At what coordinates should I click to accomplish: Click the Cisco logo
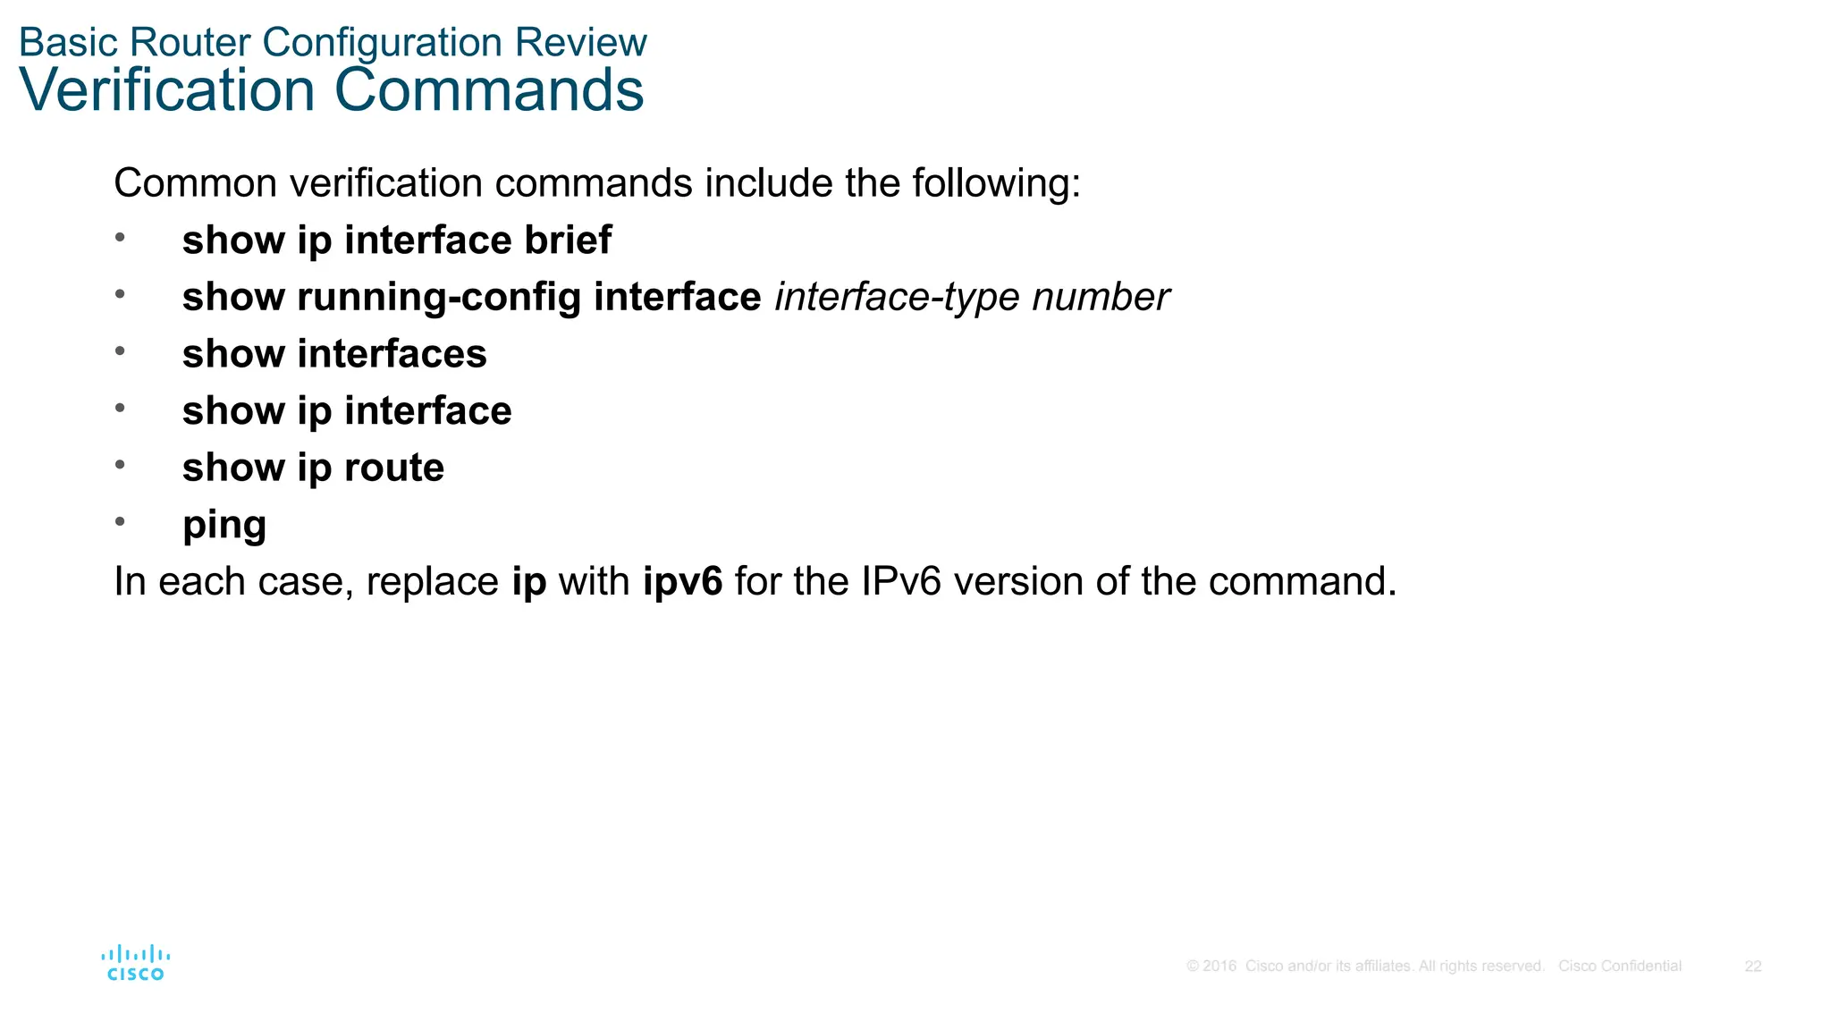[x=135, y=963]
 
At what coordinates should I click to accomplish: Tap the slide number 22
[x=1752, y=967]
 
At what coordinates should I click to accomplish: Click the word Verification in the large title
[x=167, y=90]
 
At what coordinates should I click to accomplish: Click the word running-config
[x=439, y=298]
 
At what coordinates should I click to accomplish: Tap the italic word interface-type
[x=897, y=298]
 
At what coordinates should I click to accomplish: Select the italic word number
[x=1101, y=297]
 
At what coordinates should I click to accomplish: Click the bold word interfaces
[x=392, y=354]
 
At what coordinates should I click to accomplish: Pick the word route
[x=393, y=468]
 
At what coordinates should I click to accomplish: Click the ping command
[x=224, y=526]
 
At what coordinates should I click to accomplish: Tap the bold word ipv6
[x=682, y=582]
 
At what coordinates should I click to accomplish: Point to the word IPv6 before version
[x=900, y=581]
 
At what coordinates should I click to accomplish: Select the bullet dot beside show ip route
[x=120, y=464]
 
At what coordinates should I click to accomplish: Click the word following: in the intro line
[x=996, y=183]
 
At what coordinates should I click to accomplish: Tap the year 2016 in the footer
[x=1219, y=967]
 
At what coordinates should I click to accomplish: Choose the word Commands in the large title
[x=489, y=90]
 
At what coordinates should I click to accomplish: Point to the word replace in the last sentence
[x=432, y=582]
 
